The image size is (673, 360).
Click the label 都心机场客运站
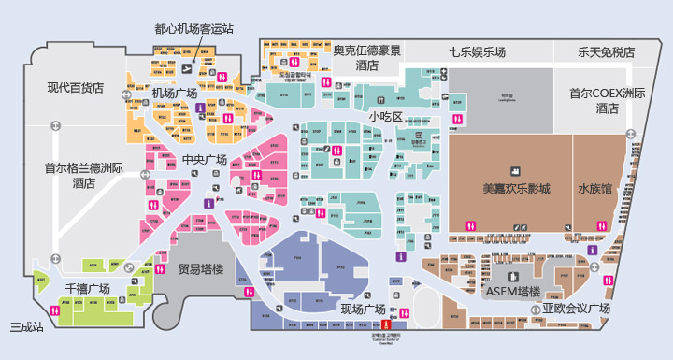(x=193, y=28)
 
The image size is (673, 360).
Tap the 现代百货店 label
(x=76, y=88)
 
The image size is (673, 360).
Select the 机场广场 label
(x=174, y=94)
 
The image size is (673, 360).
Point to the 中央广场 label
(x=205, y=159)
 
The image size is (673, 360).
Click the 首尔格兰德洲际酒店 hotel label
(x=84, y=176)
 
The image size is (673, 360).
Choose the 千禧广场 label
(x=87, y=288)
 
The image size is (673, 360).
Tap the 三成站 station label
(x=27, y=326)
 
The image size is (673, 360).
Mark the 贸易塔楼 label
(x=201, y=269)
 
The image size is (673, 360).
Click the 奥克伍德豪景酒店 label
(x=366, y=58)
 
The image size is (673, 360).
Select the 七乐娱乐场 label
(x=477, y=52)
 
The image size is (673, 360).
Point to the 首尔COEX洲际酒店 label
(x=608, y=101)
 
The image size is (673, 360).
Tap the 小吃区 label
(x=384, y=117)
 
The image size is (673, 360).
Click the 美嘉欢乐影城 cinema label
(x=516, y=188)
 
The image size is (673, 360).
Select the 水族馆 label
(x=594, y=188)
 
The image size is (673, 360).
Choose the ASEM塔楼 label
(x=513, y=291)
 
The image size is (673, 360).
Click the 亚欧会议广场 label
(x=576, y=309)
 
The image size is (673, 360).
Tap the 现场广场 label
(x=363, y=310)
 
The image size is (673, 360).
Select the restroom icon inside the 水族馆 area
(x=601, y=224)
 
